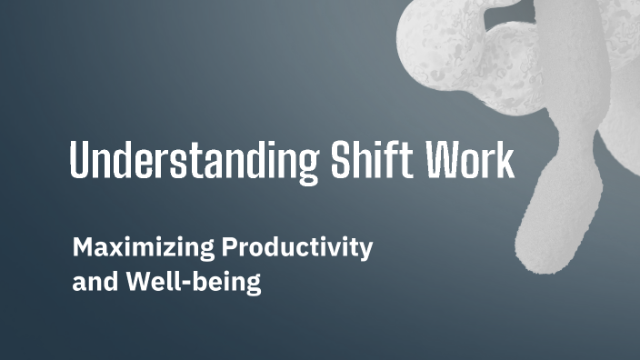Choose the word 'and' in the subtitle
coord(92,281)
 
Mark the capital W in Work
coord(438,165)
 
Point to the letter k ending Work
coord(505,165)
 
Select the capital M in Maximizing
coord(85,247)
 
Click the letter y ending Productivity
coord(365,252)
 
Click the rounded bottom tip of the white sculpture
coord(536,255)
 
